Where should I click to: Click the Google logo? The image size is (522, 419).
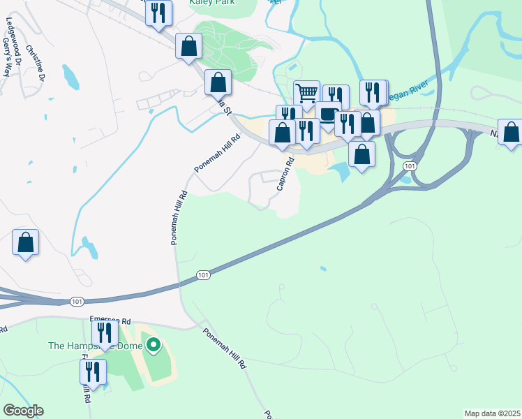point(23,411)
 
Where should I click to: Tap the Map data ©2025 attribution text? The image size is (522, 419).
point(492,413)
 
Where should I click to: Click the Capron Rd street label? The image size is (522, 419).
point(285,173)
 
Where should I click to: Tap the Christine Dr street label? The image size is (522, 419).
point(32,61)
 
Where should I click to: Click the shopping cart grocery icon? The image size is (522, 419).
point(306,92)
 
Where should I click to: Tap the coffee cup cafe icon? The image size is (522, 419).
point(327,115)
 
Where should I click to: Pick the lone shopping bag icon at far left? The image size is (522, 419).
point(25,243)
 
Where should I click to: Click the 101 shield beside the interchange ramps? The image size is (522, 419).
point(410,166)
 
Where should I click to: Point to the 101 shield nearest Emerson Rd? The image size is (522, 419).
point(77,301)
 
